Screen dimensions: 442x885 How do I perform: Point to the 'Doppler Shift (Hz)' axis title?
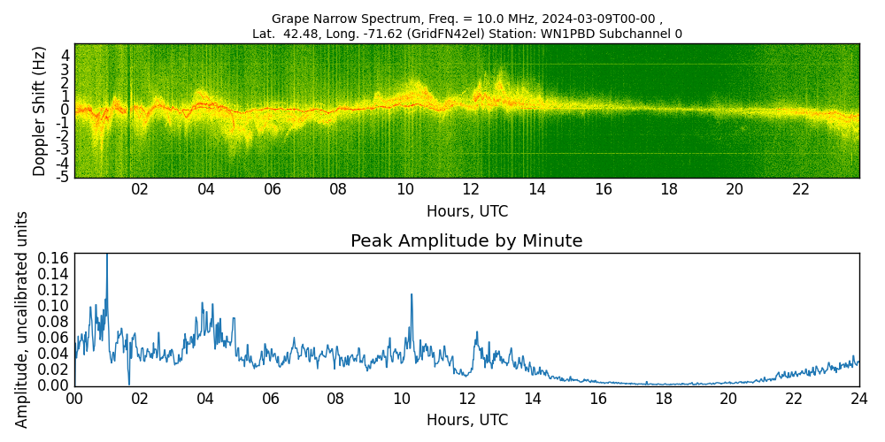coord(40,110)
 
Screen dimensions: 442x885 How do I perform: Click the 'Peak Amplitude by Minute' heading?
coord(466,241)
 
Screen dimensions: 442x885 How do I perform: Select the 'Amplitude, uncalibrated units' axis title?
coord(22,319)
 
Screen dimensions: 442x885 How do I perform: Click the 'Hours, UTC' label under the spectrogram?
coord(466,212)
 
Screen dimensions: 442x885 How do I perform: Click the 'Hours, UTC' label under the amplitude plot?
coord(466,420)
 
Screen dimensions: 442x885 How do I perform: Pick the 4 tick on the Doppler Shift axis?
coord(65,55)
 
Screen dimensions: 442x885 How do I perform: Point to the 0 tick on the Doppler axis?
coord(65,110)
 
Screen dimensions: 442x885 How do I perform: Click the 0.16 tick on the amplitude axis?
coord(54,258)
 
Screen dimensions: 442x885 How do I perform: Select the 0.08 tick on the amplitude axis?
coord(54,322)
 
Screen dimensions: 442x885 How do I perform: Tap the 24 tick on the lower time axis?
coord(858,400)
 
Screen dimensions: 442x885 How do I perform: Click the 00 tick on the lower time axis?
coord(74,400)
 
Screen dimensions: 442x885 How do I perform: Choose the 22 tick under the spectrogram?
coord(801,190)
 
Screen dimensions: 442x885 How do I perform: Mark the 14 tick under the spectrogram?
coord(536,190)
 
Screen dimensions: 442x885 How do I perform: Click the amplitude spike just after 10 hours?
coord(412,296)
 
